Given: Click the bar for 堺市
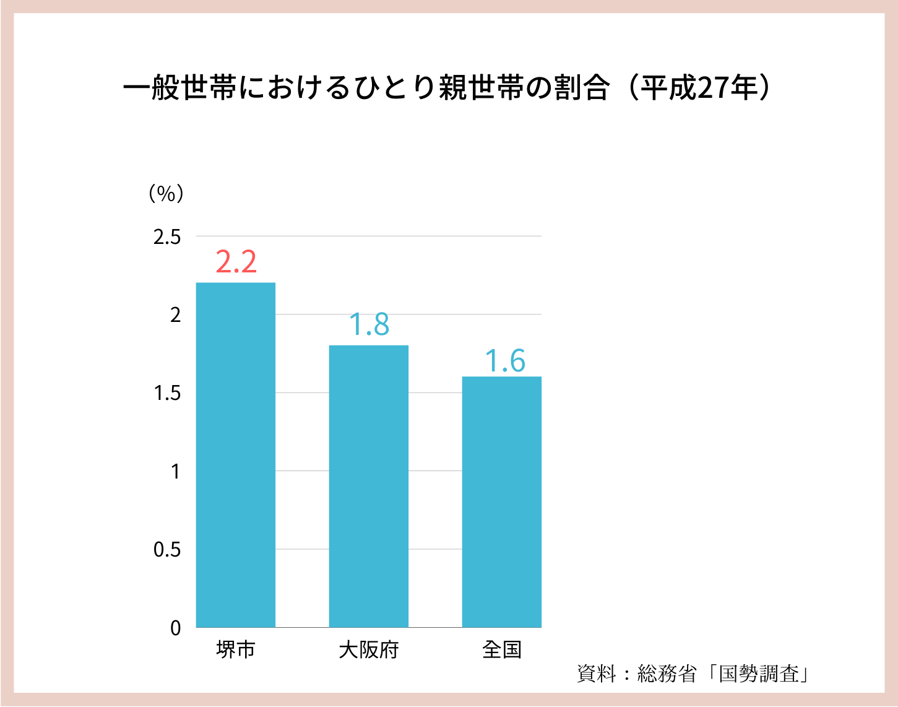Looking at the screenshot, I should click(236, 455).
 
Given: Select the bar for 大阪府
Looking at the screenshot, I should click(368, 486).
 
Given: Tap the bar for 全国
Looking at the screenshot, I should click(501, 501).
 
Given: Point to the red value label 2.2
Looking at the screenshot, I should click(236, 262).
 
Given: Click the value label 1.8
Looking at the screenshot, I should click(369, 324).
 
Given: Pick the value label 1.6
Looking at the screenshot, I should click(504, 361).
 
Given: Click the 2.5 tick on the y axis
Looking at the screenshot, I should click(167, 236).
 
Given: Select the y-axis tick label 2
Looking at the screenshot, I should click(176, 315).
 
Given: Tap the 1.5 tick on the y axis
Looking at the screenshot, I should click(167, 393).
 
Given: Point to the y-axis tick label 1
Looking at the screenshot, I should click(176, 472).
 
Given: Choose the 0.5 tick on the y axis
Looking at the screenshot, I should click(167, 550).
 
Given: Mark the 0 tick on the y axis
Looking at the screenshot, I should click(176, 628).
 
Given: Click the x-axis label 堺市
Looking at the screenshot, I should click(236, 650).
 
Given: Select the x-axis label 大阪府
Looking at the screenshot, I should click(368, 650).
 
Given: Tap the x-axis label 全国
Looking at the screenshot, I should click(501, 650).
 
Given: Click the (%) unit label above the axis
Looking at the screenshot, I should click(166, 194).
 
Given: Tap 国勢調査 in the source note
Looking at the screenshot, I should click(759, 674).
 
